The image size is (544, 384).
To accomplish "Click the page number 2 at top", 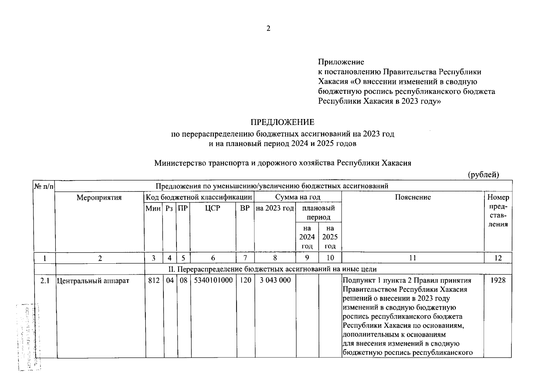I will coord(268,29).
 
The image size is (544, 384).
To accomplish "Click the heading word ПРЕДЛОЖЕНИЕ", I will coord(282,122).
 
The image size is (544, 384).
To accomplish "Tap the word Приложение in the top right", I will coord(341,62).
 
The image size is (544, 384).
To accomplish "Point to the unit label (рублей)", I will coord(483,175).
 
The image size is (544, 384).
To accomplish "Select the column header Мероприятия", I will coord(99,197).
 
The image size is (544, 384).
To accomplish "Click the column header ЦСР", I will coord(213,208).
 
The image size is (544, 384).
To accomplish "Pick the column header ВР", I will coord(245,208).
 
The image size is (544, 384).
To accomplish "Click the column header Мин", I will coord(153,209).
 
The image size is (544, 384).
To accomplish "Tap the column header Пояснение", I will coord(413,197).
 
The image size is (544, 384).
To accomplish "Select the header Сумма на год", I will coord(298,197).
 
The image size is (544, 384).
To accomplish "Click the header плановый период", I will coord(318,213).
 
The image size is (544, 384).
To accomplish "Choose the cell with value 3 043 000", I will coord(275,280).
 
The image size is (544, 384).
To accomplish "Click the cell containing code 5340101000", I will coord(213,280).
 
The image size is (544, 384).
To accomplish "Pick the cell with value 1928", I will coord(498,280).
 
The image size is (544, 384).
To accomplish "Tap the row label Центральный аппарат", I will coord(93,281).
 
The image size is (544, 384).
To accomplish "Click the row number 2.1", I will coord(45,281).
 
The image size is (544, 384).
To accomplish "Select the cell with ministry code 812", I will coord(154,280).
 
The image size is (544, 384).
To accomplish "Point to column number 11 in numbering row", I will coord(413,258).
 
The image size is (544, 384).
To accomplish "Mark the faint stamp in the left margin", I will coord(29,336).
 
